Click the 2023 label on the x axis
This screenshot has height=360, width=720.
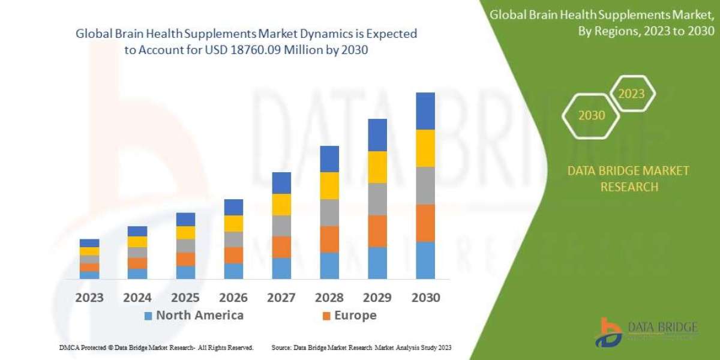click(x=89, y=298)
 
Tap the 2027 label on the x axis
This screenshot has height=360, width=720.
click(x=281, y=298)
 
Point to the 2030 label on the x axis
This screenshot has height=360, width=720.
click(x=425, y=298)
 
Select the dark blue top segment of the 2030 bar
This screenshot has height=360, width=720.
click(x=425, y=111)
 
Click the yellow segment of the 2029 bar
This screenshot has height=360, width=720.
click(x=377, y=167)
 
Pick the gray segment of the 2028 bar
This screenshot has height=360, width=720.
click(x=329, y=212)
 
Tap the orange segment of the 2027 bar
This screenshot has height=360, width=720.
click(x=281, y=247)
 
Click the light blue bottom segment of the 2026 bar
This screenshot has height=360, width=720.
click(x=233, y=271)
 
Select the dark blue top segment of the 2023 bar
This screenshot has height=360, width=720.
click(x=89, y=243)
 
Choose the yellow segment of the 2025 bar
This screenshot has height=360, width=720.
click(x=185, y=233)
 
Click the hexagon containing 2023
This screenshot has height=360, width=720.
click(x=631, y=94)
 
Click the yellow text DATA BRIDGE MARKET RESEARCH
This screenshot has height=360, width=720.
click(x=628, y=179)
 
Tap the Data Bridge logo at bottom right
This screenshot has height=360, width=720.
click(x=647, y=332)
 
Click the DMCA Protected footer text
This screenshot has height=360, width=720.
click(x=156, y=347)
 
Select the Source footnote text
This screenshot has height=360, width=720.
click(x=361, y=347)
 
